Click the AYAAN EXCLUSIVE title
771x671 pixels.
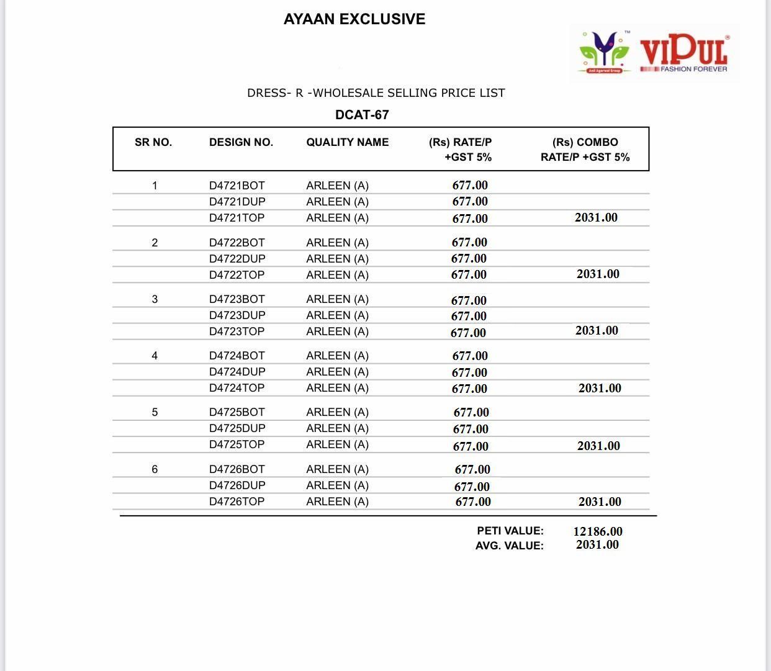(x=354, y=19)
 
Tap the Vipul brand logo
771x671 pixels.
(x=654, y=53)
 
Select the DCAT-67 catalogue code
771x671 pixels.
(x=362, y=115)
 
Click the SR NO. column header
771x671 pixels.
(x=153, y=142)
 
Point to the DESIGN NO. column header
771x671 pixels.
(x=241, y=142)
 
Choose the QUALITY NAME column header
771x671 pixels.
(x=347, y=142)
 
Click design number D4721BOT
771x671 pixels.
(x=237, y=186)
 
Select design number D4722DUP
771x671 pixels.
(x=237, y=259)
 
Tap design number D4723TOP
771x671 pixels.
(x=237, y=331)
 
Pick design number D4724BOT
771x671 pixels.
(x=237, y=356)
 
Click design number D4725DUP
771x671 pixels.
(x=237, y=428)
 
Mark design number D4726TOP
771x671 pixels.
(x=237, y=502)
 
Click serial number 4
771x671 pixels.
(x=155, y=356)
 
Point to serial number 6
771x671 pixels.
(x=155, y=469)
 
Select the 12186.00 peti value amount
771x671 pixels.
(x=597, y=531)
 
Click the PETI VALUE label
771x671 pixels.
(x=510, y=531)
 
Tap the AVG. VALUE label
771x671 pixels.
(x=509, y=546)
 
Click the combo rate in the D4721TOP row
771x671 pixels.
(x=596, y=217)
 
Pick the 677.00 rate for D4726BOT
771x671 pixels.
(x=472, y=470)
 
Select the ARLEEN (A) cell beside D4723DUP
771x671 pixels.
(x=337, y=315)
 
